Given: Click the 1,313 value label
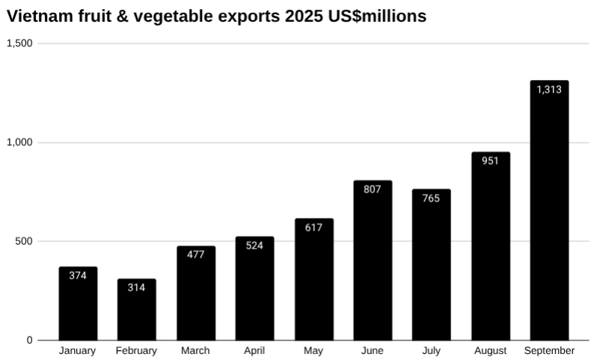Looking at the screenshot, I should tap(549, 90).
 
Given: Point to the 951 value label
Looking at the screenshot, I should tap(490, 162).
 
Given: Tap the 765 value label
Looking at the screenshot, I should tap(431, 198).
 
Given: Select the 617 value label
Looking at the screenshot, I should tap(313, 228).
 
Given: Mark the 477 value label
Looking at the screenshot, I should tap(195, 255).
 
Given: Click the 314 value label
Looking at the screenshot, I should tap(136, 287).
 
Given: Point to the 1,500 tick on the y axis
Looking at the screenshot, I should tap(19, 43).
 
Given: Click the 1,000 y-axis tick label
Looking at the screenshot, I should tap(19, 142).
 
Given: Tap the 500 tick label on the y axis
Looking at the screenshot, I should tap(25, 241).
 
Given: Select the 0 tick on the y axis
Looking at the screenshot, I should tap(30, 340).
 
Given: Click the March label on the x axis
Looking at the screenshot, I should tap(195, 350).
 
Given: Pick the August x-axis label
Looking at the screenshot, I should tap(490, 350).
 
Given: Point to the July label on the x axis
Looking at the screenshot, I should tap(431, 350).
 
